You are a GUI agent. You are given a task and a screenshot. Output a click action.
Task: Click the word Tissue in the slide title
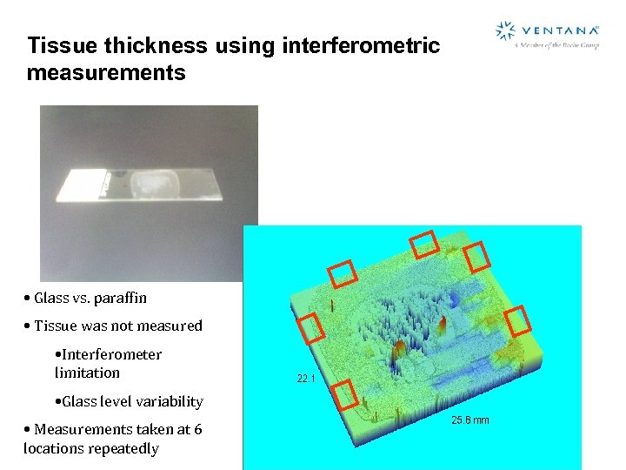57,45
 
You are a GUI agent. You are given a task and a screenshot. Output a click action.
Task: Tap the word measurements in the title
106,72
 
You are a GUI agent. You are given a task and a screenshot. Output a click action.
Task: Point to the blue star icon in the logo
505,31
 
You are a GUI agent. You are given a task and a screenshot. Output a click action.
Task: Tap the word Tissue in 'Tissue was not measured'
56,326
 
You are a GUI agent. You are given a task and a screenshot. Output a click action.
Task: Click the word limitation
87,373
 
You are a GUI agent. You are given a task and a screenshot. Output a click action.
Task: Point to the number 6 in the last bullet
198,429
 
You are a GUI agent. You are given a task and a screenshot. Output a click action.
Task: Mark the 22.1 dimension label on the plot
306,379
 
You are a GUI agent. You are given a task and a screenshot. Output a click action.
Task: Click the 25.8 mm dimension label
470,420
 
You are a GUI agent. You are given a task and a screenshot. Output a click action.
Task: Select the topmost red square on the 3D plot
424,245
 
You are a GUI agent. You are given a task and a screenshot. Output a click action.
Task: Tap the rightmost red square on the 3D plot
517,320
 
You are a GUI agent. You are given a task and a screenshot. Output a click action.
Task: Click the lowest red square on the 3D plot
345,394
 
